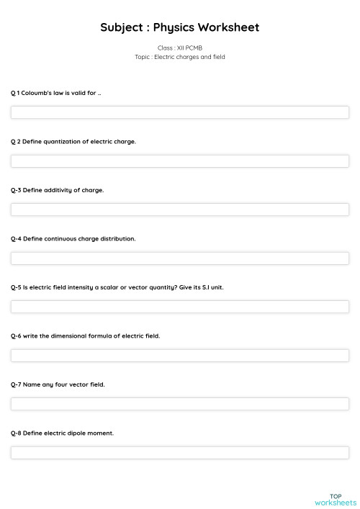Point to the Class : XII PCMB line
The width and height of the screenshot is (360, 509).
(x=180, y=48)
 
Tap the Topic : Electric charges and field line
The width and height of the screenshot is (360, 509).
(x=180, y=57)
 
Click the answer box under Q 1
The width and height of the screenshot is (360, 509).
(x=180, y=112)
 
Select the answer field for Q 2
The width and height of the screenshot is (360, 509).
(x=180, y=161)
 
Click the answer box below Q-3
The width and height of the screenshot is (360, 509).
(x=180, y=210)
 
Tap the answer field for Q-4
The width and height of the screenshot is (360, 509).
(x=180, y=258)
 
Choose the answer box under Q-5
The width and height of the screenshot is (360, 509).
(x=180, y=307)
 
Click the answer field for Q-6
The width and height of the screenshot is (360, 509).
(x=180, y=355)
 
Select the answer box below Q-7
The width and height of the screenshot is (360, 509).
(x=180, y=404)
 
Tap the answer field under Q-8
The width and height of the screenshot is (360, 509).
(x=180, y=452)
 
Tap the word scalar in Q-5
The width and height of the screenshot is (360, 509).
(x=110, y=287)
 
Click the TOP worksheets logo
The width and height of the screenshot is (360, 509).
(x=336, y=499)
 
